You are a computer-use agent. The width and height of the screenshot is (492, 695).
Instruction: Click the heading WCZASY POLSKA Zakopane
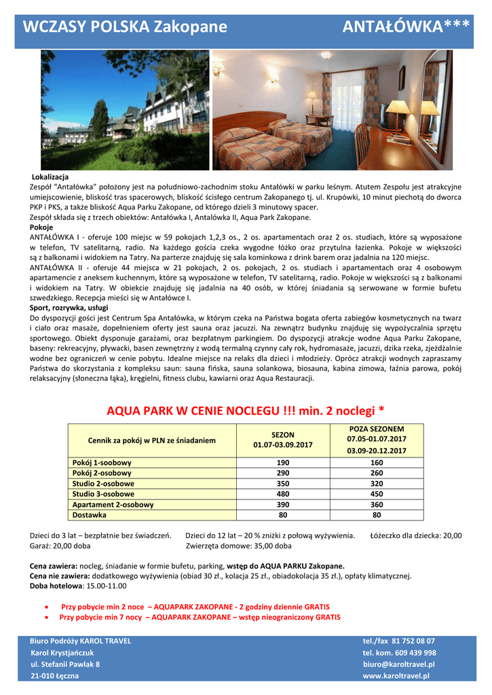coord(125,27)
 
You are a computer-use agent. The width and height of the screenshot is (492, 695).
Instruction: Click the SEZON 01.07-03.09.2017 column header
coord(282,440)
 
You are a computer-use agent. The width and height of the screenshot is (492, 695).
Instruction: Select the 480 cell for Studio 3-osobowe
coord(282,494)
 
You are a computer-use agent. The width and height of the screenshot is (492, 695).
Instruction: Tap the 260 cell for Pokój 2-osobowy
coord(376,473)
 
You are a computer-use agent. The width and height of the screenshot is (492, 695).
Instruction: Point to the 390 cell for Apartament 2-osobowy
coord(282,505)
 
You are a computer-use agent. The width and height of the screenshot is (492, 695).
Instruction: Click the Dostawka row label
coord(89,515)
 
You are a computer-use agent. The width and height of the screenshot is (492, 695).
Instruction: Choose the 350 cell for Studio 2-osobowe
coord(282,484)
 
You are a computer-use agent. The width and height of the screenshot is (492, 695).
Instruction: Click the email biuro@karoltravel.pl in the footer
coord(398,664)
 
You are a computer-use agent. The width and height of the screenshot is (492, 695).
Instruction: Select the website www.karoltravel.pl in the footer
coord(396,676)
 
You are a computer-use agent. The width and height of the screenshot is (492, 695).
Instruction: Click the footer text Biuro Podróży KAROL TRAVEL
coord(80,641)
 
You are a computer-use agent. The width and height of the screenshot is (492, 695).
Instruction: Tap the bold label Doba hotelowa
coord(56,586)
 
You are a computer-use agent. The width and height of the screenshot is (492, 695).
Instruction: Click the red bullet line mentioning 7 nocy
coord(200,618)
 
